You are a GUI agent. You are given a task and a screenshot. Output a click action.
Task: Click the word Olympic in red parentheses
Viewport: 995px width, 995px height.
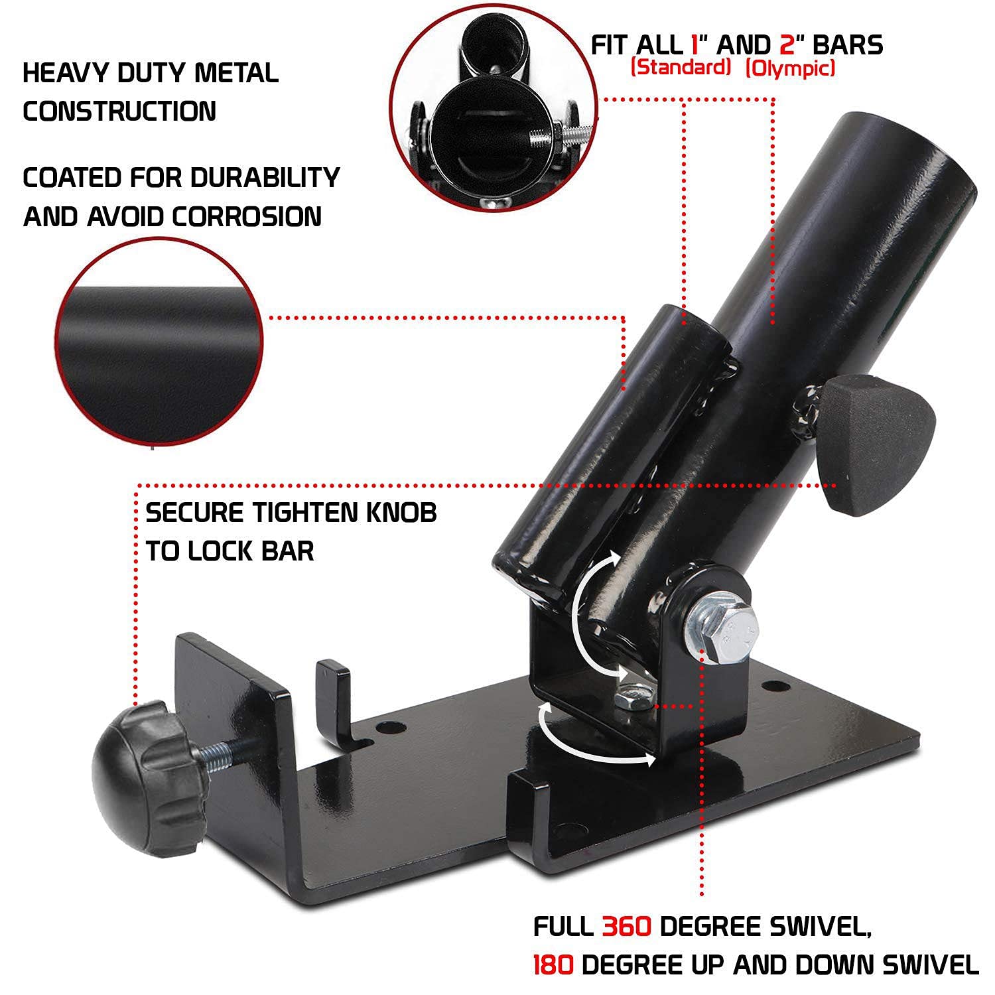click(790, 68)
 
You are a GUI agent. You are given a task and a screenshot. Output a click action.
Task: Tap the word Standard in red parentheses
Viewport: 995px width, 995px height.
click(681, 68)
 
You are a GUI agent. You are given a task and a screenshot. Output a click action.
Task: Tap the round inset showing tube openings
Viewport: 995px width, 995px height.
click(494, 102)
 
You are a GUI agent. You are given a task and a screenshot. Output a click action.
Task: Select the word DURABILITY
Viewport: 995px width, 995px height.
click(265, 178)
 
